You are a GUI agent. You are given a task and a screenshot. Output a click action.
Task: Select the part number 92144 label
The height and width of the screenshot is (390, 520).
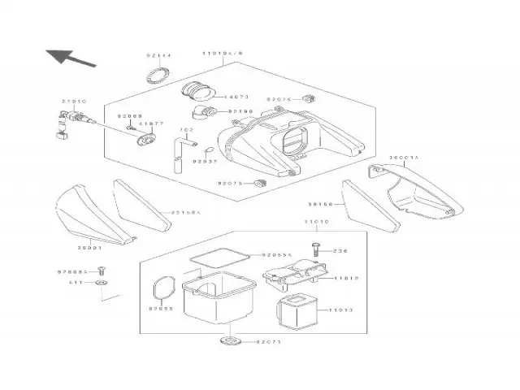point(158,55)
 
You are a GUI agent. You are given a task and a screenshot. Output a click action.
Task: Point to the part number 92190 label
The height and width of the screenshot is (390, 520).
point(241,110)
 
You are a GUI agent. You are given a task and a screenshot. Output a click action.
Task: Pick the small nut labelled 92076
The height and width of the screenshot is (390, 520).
point(308,99)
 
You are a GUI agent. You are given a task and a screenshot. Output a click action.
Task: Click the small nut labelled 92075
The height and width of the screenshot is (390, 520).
point(261,182)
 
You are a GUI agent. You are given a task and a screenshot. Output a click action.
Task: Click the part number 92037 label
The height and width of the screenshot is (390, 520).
point(205,161)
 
